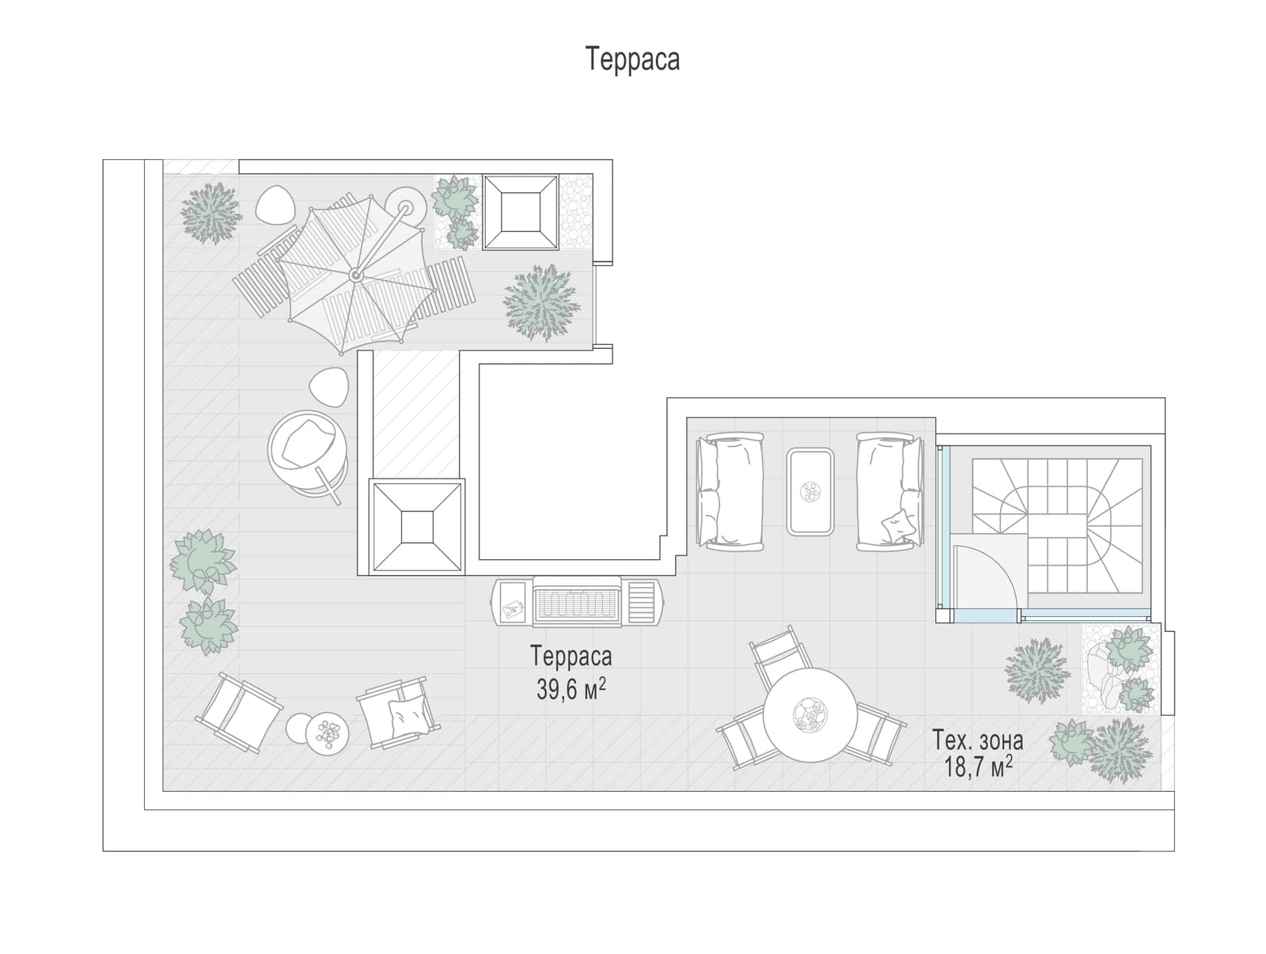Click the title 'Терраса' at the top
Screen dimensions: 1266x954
point(632,59)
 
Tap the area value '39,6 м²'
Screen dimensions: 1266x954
point(571,689)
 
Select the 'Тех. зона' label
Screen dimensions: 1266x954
point(978,740)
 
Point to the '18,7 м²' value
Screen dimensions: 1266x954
point(978,767)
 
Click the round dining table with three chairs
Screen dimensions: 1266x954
point(809,715)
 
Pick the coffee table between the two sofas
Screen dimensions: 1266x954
point(809,491)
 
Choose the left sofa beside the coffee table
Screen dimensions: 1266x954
point(730,491)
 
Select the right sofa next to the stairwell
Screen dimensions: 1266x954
point(890,491)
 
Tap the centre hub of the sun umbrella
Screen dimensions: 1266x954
point(356,276)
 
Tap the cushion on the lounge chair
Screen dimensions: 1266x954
point(409,717)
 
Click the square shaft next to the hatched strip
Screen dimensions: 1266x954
point(416,527)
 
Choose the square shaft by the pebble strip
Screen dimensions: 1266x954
point(521,212)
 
